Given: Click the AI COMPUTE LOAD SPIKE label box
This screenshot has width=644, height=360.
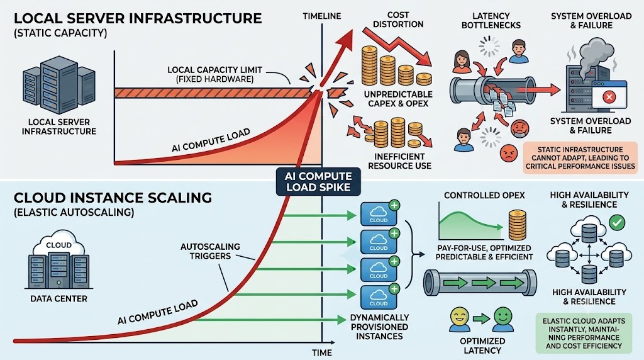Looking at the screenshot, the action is tap(318, 182).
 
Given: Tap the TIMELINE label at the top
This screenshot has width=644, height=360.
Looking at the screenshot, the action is tap(322, 16).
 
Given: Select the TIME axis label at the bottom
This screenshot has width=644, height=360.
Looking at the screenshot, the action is tap(322, 352).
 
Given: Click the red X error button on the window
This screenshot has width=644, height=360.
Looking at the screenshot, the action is tap(609, 97).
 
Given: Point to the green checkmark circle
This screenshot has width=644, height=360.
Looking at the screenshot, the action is tap(617, 222).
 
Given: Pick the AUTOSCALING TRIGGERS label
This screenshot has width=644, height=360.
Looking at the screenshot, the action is tap(210, 251).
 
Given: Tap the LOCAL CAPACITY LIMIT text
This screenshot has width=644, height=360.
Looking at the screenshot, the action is tap(215, 70).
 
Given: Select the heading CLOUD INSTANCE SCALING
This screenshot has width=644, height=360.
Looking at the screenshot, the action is tap(113, 198).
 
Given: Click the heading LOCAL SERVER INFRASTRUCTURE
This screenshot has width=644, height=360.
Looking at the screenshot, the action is tap(138, 19).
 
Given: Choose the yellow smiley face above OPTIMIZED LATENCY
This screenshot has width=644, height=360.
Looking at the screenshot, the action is tap(460, 318).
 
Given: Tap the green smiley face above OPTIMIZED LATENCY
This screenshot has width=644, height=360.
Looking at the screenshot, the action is tap(503, 318).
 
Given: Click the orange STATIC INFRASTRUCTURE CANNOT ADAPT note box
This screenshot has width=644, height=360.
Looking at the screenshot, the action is tap(580, 158).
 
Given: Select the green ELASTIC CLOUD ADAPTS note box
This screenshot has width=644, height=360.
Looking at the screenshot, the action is tap(584, 334).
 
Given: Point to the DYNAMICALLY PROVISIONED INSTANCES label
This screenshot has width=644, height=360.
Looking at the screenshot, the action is tap(379, 327).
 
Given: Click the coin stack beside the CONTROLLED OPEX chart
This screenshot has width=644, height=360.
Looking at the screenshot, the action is tap(517, 225).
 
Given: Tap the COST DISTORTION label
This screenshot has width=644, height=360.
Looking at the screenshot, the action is tap(398, 20).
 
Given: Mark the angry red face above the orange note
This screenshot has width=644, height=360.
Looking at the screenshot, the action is tap(509, 154).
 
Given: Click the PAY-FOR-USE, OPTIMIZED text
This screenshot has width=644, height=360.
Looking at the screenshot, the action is tap(484, 248).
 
